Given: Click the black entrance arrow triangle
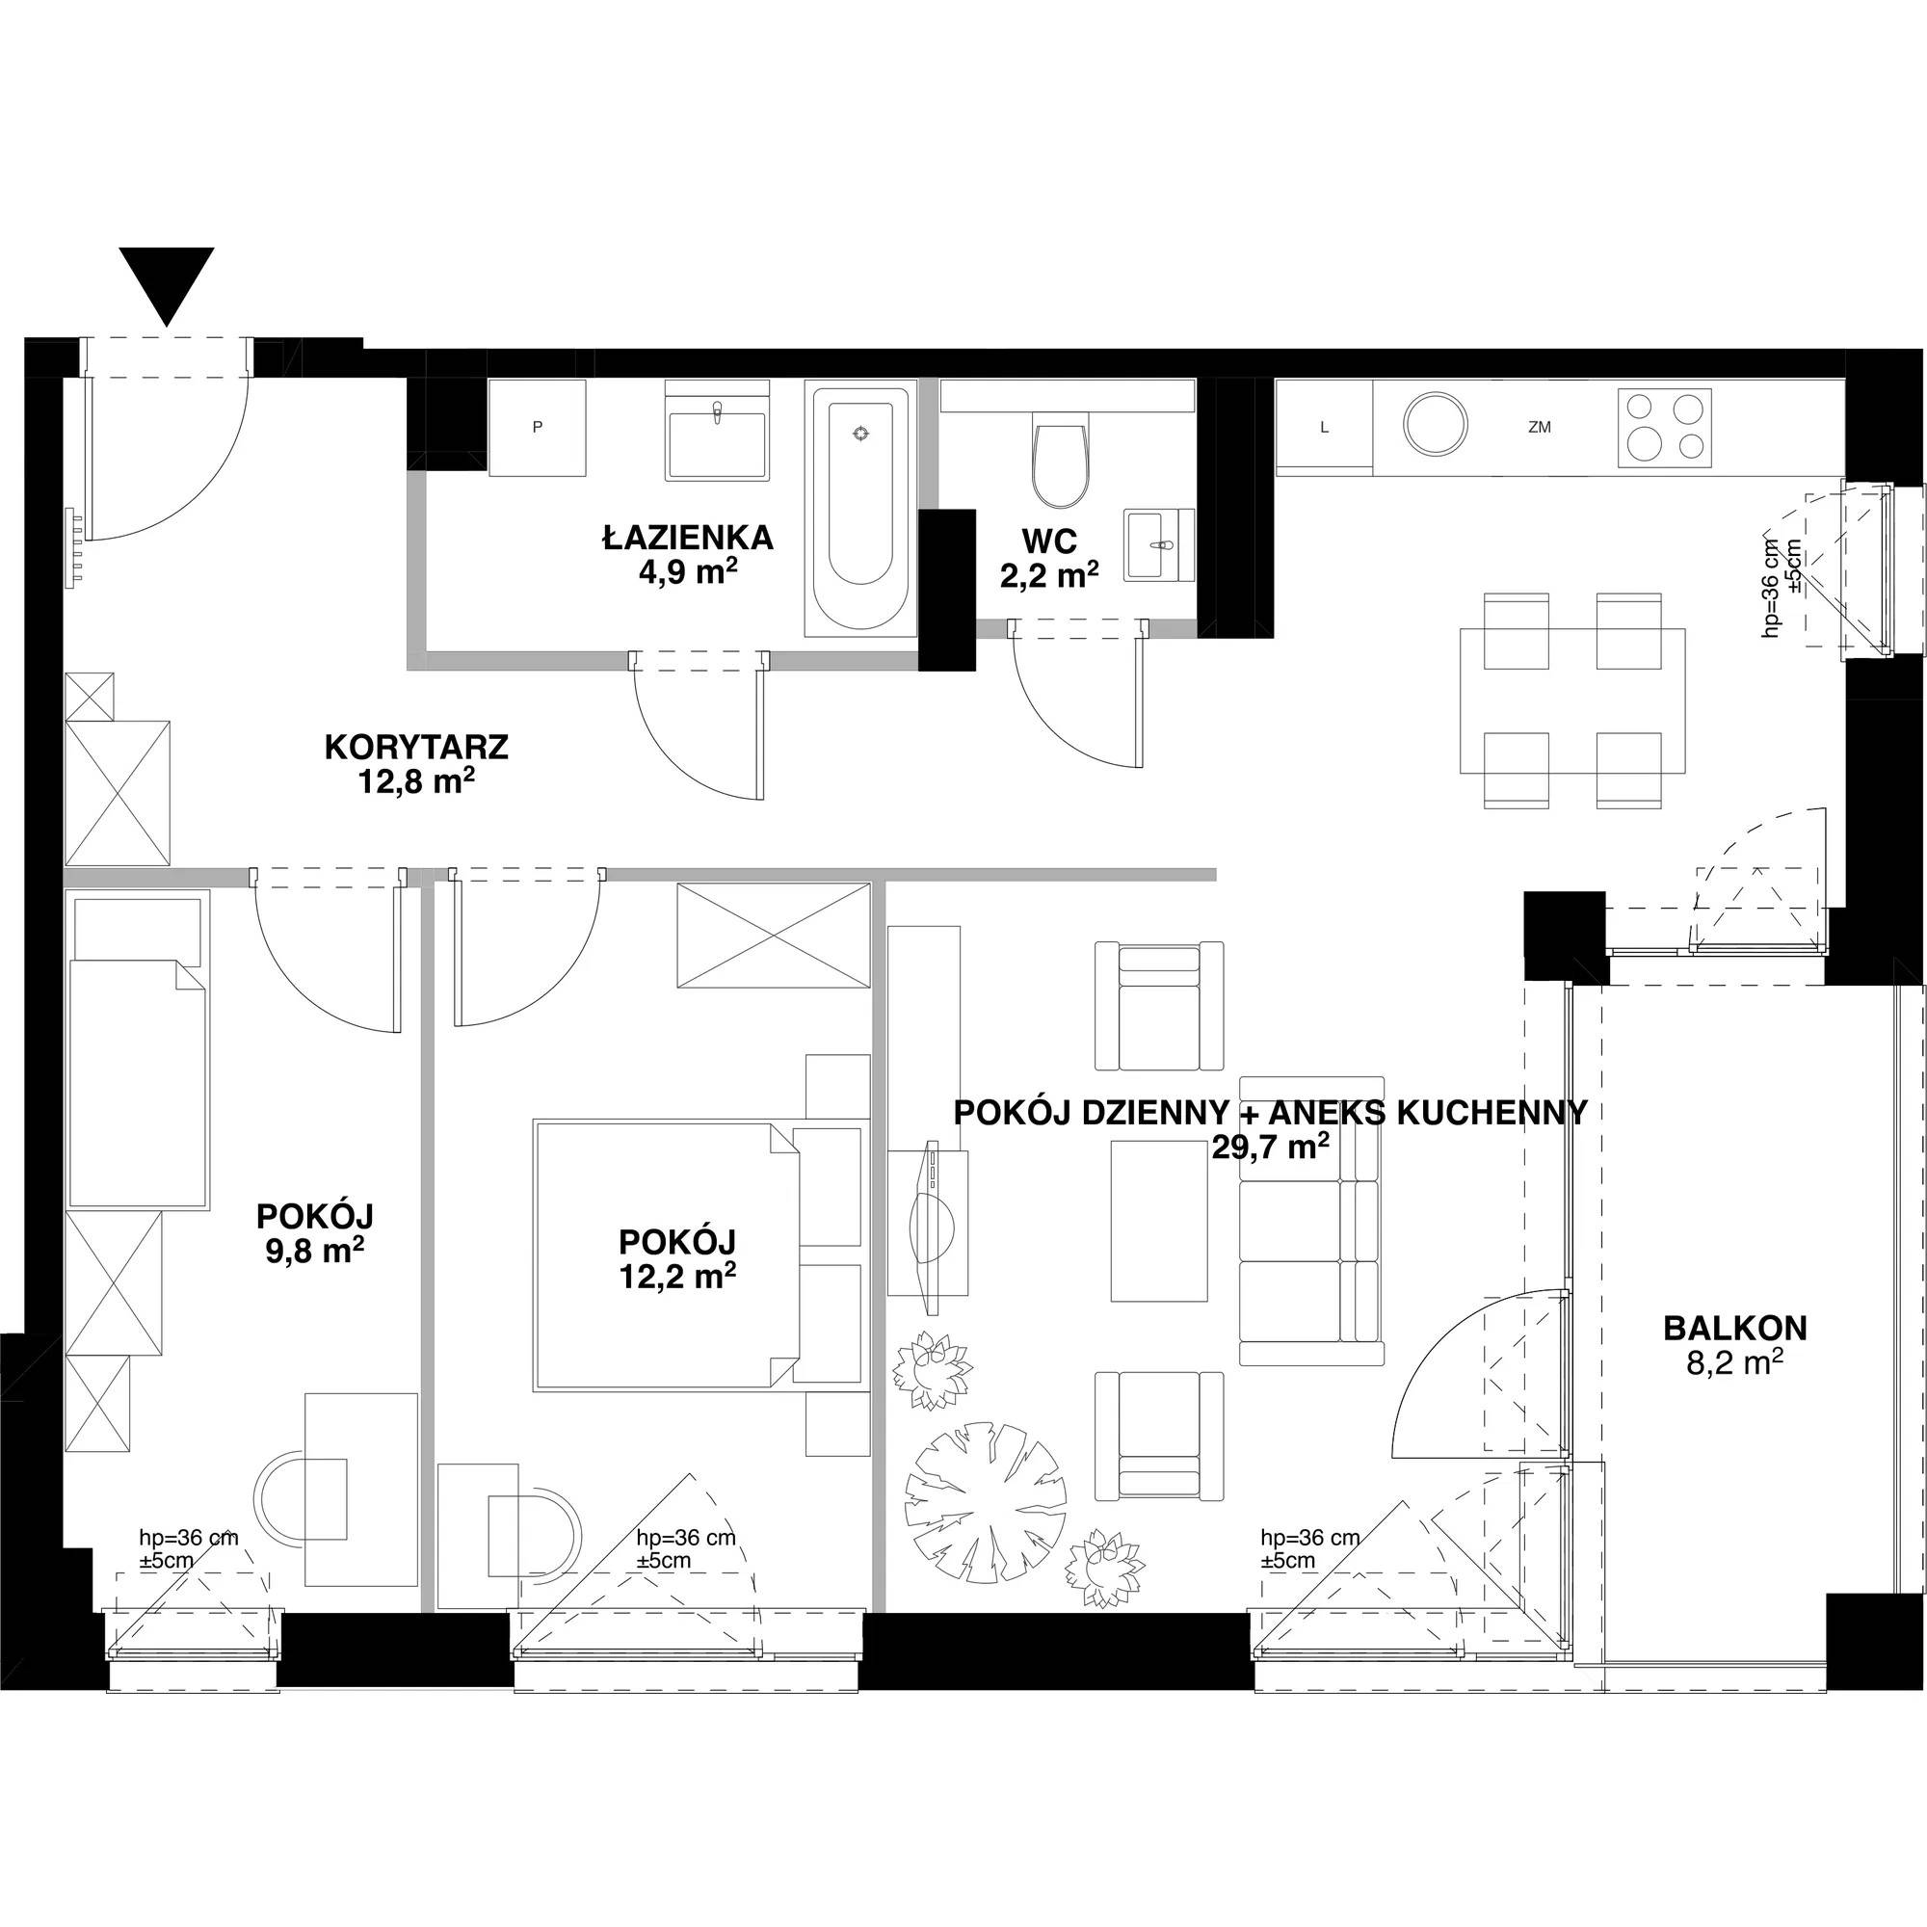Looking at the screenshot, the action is tap(167, 283).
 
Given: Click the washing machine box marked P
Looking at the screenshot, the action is tap(537, 428).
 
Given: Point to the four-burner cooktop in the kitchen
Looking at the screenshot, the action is tap(1665, 427).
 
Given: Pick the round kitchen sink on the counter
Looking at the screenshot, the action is tap(1437, 427).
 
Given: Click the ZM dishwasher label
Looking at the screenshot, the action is tap(1539, 428).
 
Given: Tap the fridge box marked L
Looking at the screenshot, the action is tap(1325, 428).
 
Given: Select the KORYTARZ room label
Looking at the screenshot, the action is tap(417, 747).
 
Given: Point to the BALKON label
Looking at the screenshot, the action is tap(1734, 1328).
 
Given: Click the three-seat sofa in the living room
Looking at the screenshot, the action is tap(1311, 1220).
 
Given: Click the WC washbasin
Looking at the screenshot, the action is tap(1159, 544).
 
